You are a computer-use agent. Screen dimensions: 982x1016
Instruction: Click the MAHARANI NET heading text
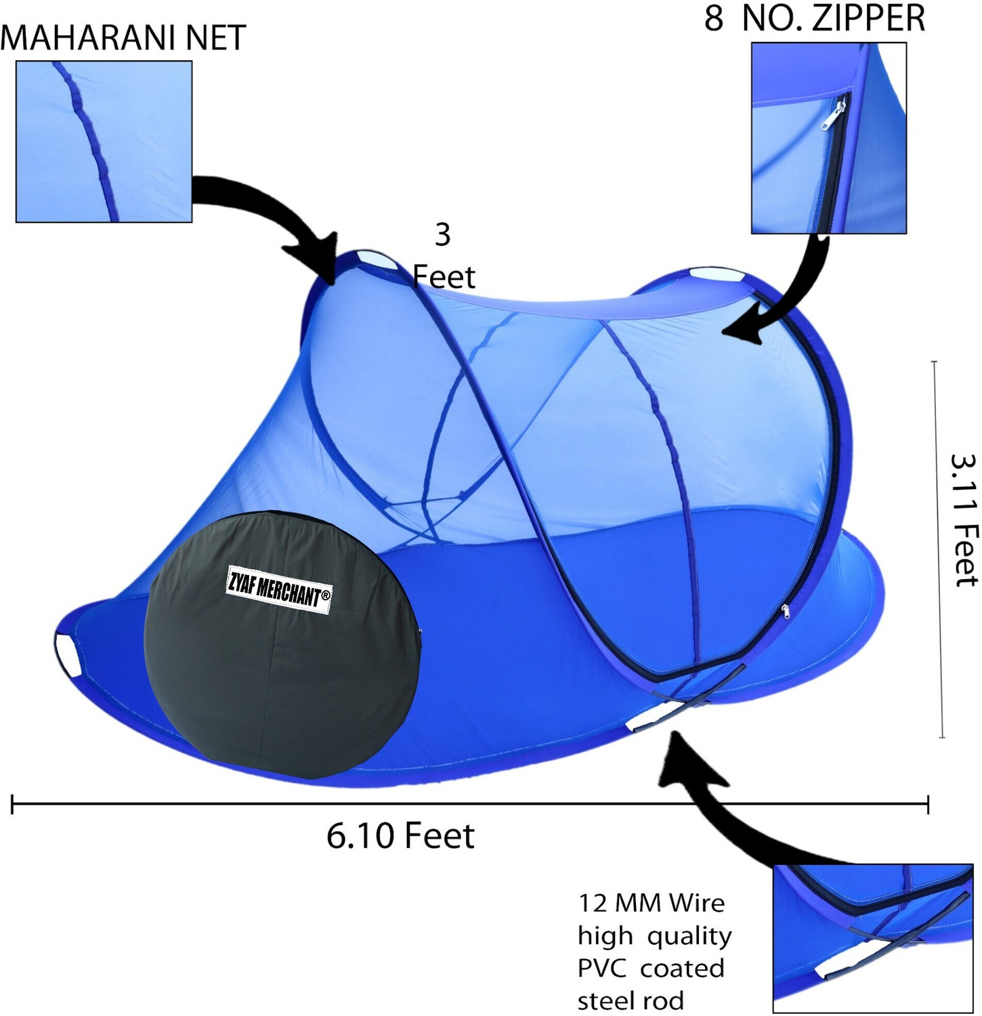(x=123, y=37)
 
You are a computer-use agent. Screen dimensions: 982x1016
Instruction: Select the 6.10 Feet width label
(x=400, y=836)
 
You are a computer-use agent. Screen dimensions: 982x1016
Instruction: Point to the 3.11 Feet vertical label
(x=964, y=520)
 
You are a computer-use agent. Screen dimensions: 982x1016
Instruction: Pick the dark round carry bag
(x=283, y=644)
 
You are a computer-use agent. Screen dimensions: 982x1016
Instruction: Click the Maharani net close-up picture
(x=104, y=142)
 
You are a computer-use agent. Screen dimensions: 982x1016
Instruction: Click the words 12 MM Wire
(x=651, y=903)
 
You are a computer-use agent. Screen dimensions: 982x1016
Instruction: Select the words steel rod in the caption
(x=631, y=1000)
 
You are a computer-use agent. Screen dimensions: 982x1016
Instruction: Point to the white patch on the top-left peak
(x=374, y=259)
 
